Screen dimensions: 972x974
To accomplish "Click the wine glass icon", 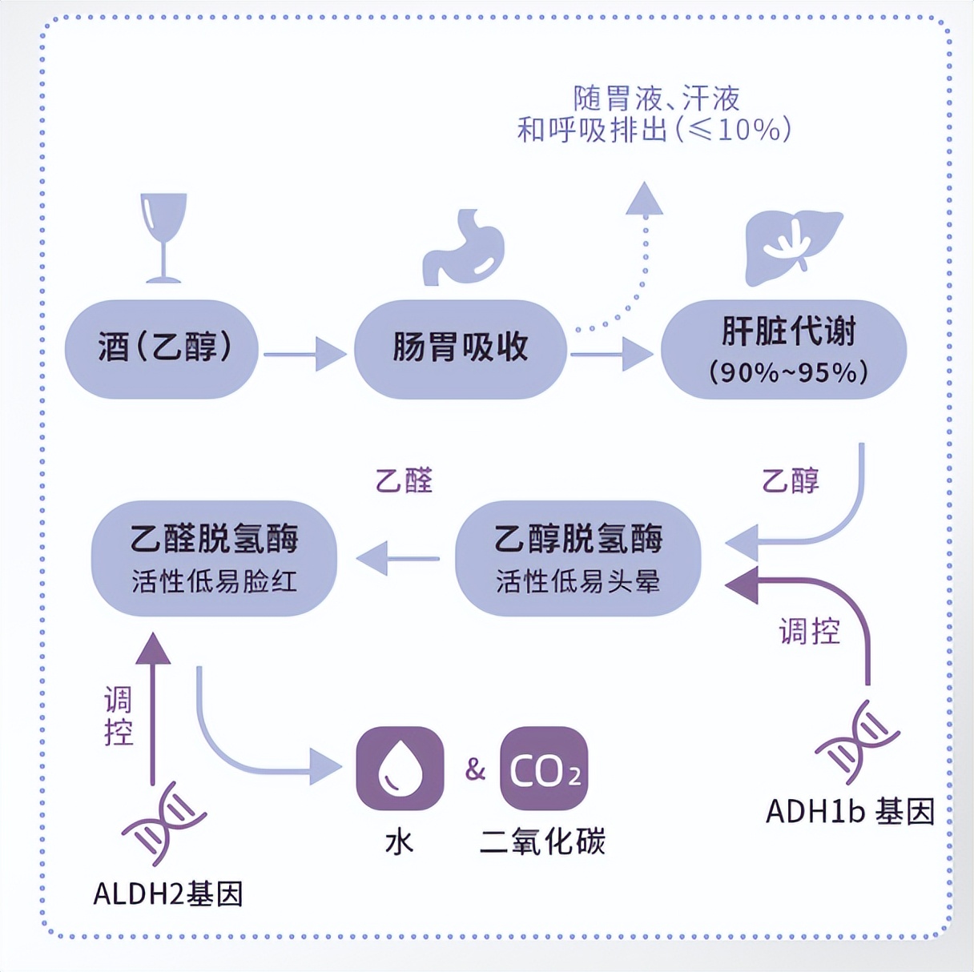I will pyautogui.click(x=163, y=237).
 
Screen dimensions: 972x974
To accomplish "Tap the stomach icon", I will pyautogui.click(x=464, y=247).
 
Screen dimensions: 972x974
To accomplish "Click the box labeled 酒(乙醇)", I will pyautogui.click(x=162, y=349).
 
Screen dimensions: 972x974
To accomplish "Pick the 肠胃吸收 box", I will pyautogui.click(x=461, y=349).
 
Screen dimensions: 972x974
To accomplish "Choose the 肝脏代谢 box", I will pyautogui.click(x=783, y=350).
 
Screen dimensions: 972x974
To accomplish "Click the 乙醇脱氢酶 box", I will pyautogui.click(x=578, y=558).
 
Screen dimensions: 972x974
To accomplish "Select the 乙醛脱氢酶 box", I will pyautogui.click(x=214, y=558).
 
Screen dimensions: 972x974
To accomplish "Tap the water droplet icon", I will pyautogui.click(x=400, y=769).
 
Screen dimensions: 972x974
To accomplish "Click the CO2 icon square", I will pyautogui.click(x=544, y=769).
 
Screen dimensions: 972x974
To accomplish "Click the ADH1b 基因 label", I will pyautogui.click(x=850, y=812).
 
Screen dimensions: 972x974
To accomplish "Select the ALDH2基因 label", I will pyautogui.click(x=168, y=894).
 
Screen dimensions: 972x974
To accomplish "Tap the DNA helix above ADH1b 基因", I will pyautogui.click(x=856, y=741).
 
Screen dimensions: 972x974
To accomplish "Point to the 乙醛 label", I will pyautogui.click(x=404, y=480).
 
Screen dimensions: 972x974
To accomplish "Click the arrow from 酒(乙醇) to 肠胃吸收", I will pyautogui.click(x=305, y=353).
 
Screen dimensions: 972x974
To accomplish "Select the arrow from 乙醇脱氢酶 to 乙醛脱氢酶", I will pyautogui.click(x=397, y=558).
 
